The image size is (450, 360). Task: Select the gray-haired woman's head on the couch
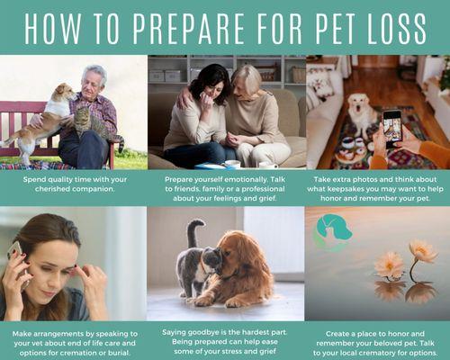(x=247, y=82)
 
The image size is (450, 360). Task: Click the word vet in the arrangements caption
(x=39, y=343)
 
